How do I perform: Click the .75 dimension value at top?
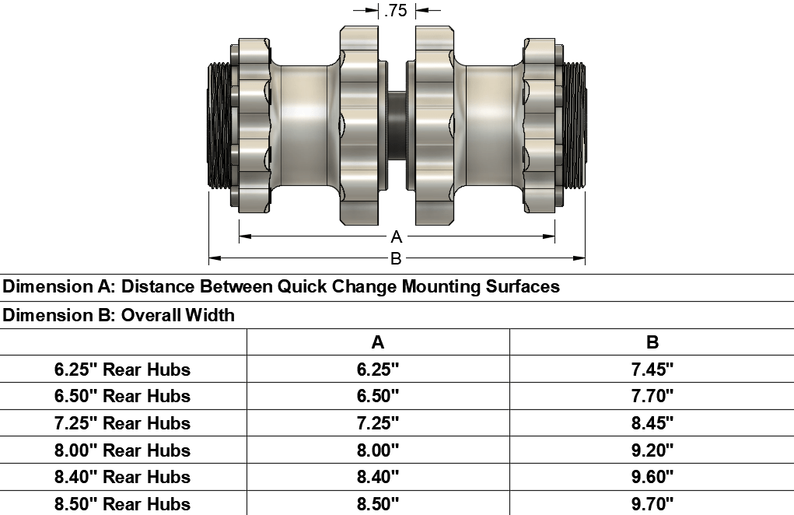pyautogui.click(x=396, y=10)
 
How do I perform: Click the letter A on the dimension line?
pyautogui.click(x=396, y=237)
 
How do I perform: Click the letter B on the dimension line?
pyautogui.click(x=396, y=257)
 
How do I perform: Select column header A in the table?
pyautogui.click(x=378, y=342)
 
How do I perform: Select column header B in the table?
pyautogui.click(x=652, y=342)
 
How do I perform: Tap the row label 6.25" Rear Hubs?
pyautogui.click(x=123, y=370)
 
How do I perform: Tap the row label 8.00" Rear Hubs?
pyautogui.click(x=123, y=450)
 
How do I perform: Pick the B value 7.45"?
pyautogui.click(x=652, y=370)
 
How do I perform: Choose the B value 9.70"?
pyautogui.click(x=652, y=503)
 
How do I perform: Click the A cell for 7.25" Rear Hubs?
pyautogui.click(x=378, y=423)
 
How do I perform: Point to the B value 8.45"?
pyautogui.click(x=652, y=423)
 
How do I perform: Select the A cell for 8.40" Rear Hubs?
pyautogui.click(x=378, y=477)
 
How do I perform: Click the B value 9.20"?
pyautogui.click(x=652, y=450)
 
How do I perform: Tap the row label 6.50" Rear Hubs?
pyautogui.click(x=123, y=396)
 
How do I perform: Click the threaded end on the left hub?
pyautogui.click(x=219, y=124)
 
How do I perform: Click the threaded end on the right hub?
pyautogui.click(x=574, y=124)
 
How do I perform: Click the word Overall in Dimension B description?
pyautogui.click(x=150, y=316)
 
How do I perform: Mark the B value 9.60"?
pyautogui.click(x=652, y=477)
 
